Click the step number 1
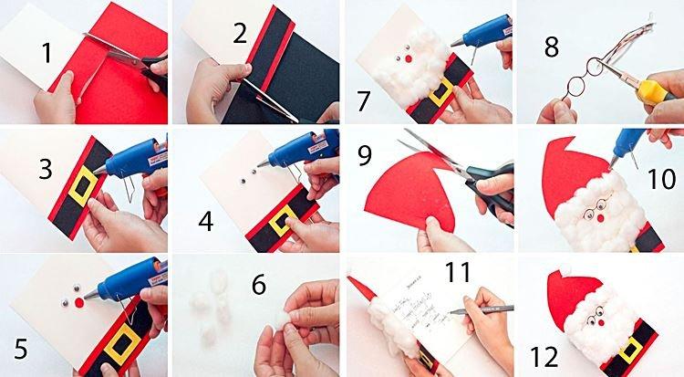point(47,54)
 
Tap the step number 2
point(241,35)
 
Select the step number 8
point(552,47)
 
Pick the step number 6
point(259,285)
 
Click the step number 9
point(365,156)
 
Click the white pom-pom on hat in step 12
point(563,270)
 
